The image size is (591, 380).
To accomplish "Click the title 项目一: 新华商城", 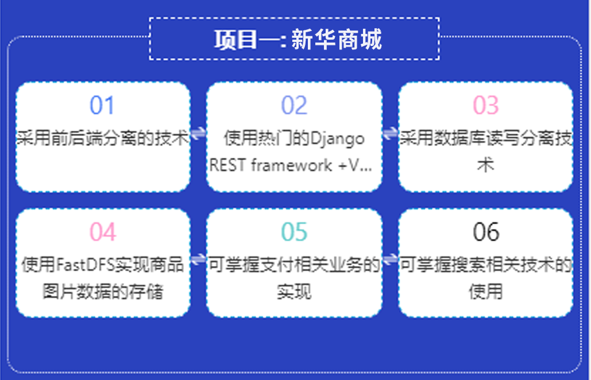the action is coord(298,39).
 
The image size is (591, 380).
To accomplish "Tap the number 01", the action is coord(102,105).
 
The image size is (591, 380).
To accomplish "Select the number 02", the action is coord(295,105).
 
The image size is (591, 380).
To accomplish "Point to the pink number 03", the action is coord(486,105).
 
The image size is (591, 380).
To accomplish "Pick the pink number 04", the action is coord(102,232).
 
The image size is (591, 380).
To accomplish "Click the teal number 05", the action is coord(295,232).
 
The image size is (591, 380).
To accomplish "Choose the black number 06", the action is coord(486,232).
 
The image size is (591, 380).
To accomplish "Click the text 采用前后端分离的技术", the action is coord(102,138).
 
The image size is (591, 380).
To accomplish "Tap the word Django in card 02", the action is coord(338,139).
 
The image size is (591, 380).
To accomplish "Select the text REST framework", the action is coord(271,166).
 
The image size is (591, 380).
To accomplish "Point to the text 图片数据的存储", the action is coord(102,291).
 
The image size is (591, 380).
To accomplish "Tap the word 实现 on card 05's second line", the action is coord(295,291).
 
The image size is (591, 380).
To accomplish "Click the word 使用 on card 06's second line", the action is coord(486,291).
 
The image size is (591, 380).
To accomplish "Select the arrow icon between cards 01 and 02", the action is coord(198,133).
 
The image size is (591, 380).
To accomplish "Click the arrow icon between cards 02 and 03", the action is coord(390,133).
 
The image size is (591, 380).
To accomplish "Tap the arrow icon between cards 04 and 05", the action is coord(198,259).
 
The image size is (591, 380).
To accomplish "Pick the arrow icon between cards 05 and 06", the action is coord(390,259).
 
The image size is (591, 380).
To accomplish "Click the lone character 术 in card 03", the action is coord(486,165).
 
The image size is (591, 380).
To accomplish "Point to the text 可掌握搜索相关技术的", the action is coord(486,265).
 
